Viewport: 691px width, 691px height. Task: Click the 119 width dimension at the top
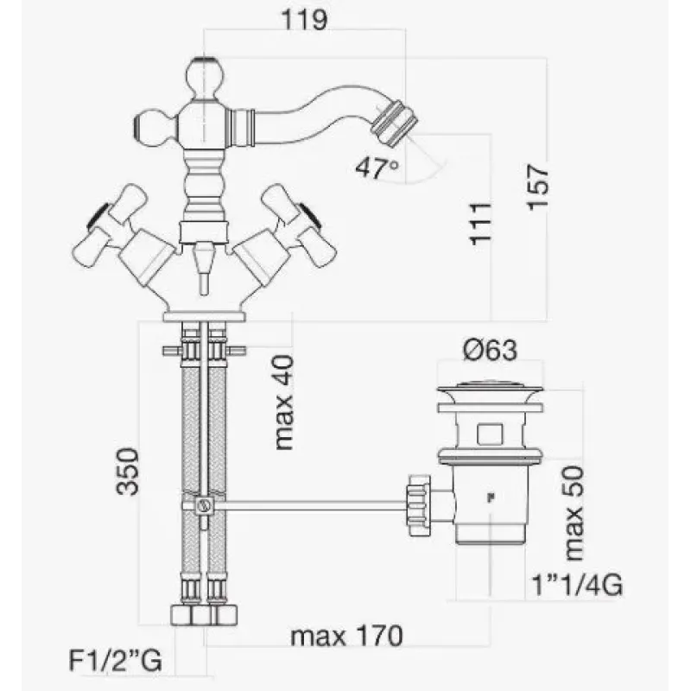(x=304, y=20)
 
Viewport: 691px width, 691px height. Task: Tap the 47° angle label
(x=377, y=168)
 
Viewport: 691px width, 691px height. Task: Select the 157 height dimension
(x=537, y=187)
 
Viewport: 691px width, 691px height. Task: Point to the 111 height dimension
(x=480, y=224)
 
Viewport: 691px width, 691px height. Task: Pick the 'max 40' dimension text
(x=283, y=403)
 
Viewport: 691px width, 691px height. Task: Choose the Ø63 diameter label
(x=490, y=351)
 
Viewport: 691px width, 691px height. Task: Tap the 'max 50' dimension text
(x=574, y=513)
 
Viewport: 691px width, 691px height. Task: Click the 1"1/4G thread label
(x=577, y=586)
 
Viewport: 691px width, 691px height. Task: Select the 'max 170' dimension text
(x=347, y=636)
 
